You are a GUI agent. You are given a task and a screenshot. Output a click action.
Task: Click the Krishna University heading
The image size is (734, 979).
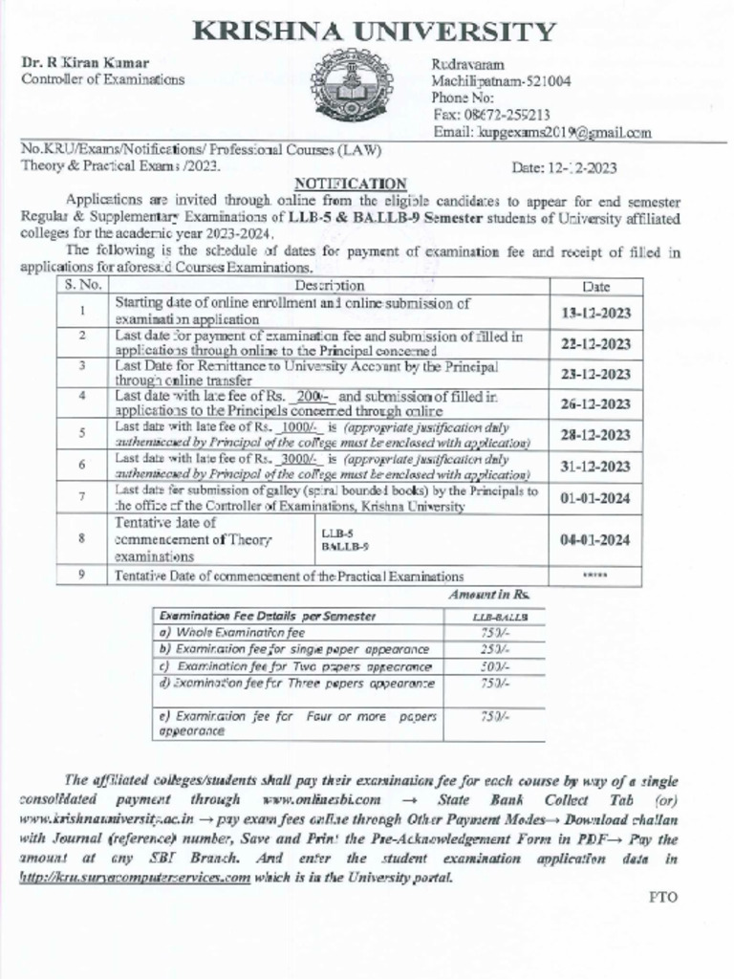(x=374, y=31)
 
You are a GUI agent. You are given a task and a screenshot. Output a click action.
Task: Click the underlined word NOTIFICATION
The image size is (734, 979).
(x=350, y=184)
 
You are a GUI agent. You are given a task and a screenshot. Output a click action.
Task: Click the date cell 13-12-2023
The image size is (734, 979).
(x=595, y=313)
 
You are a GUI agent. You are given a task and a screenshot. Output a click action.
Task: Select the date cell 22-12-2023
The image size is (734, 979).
(x=595, y=343)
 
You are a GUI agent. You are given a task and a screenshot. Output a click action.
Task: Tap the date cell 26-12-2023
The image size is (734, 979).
(x=595, y=404)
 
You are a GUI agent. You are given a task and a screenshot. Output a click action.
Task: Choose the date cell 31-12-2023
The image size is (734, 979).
(x=595, y=467)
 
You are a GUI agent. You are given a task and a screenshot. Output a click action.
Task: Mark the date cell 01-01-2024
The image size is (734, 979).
(x=595, y=497)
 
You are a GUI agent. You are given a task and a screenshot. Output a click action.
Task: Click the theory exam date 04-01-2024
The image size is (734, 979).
(x=595, y=539)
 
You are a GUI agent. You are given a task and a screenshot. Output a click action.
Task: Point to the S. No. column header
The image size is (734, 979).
(x=83, y=285)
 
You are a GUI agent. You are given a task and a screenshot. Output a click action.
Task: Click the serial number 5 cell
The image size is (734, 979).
(x=83, y=435)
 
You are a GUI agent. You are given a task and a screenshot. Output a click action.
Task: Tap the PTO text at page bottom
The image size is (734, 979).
(x=663, y=900)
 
